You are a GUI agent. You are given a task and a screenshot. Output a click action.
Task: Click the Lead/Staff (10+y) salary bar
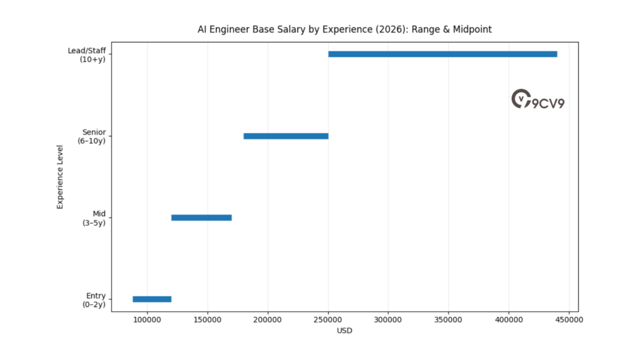(442, 54)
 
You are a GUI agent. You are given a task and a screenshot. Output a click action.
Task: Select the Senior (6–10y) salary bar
(286, 136)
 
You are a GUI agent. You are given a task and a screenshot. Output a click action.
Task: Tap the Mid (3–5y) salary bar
(201, 217)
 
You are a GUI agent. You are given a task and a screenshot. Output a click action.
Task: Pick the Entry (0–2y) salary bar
(152, 299)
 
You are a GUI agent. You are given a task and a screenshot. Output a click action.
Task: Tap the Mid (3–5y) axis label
(94, 218)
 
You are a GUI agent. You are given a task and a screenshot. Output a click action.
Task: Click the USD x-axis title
(344, 331)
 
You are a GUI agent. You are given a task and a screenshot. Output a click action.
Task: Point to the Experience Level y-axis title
(61, 177)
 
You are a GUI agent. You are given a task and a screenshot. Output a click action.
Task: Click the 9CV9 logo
(537, 100)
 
